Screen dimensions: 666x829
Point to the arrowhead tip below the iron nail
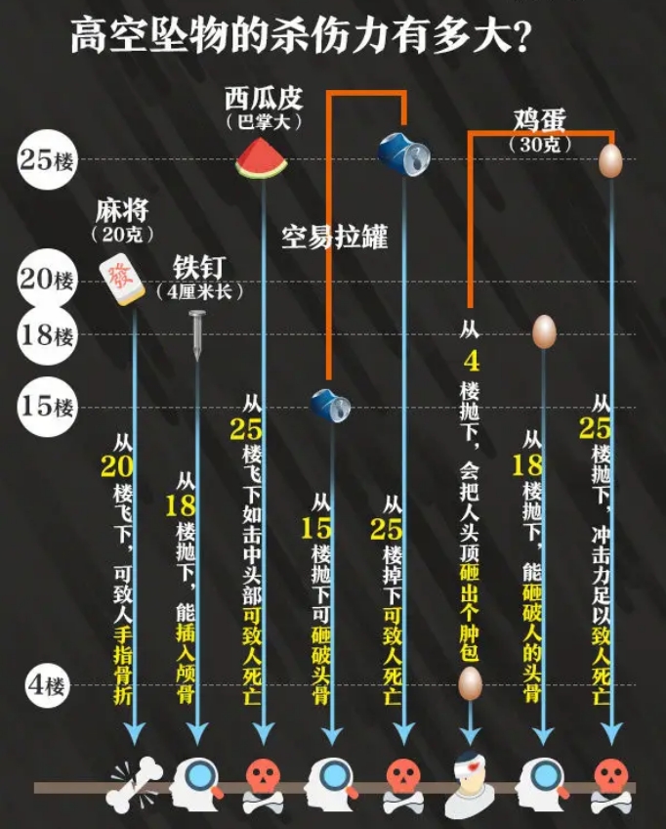click(x=197, y=745)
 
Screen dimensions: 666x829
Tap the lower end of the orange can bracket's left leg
click(x=328, y=379)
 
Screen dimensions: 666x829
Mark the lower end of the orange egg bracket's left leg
click(x=470, y=307)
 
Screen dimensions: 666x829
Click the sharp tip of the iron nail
click(x=197, y=361)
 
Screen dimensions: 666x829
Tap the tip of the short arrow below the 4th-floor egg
click(x=470, y=745)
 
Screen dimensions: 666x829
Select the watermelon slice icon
click(x=262, y=158)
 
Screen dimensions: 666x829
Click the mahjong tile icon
click(x=122, y=279)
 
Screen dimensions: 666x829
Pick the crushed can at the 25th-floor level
click(x=404, y=153)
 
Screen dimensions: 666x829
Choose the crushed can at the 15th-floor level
click(x=331, y=405)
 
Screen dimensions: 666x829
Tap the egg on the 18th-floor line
click(x=544, y=331)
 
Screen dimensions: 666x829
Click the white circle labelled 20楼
click(x=47, y=280)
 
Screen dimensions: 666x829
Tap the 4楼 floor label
click(x=47, y=685)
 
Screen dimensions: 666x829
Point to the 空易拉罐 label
click(x=334, y=237)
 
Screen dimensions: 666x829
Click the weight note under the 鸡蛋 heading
click(x=539, y=145)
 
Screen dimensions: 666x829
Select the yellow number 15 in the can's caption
click(x=315, y=528)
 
